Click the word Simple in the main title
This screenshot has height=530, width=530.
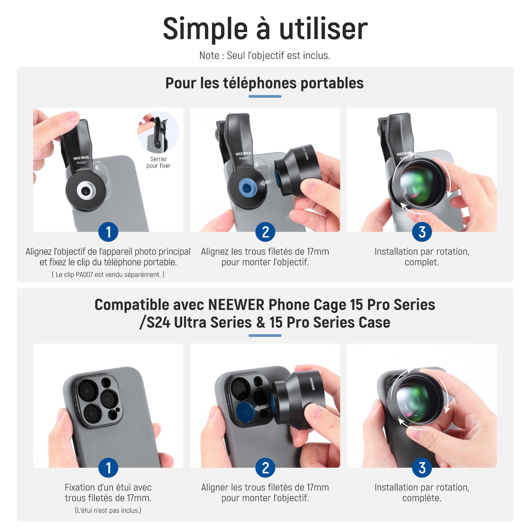[x=205, y=29]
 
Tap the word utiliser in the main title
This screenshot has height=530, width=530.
[x=323, y=28]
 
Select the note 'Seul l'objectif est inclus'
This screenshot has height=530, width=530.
[x=278, y=55]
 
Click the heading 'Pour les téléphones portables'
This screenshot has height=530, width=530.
[x=265, y=83]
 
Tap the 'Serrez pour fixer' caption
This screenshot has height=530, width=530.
[x=158, y=162]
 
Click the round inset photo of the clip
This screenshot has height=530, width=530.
[x=159, y=132]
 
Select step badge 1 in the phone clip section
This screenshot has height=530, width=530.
[x=108, y=232]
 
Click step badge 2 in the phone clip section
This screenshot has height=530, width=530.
[x=265, y=232]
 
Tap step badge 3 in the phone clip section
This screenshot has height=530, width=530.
[x=422, y=232]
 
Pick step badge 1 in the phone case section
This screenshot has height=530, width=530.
[x=108, y=468]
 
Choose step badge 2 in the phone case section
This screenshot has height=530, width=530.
[x=265, y=468]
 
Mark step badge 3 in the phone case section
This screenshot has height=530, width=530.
[x=422, y=468]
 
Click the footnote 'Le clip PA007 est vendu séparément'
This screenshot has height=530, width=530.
[x=108, y=275]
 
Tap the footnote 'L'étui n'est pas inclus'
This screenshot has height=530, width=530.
[x=108, y=510]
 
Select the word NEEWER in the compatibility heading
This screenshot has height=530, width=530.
[x=236, y=305]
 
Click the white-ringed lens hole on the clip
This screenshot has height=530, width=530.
[x=86, y=191]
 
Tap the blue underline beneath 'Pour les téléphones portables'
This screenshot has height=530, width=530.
[x=265, y=96]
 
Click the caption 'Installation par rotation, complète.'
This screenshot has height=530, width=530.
[x=422, y=493]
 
